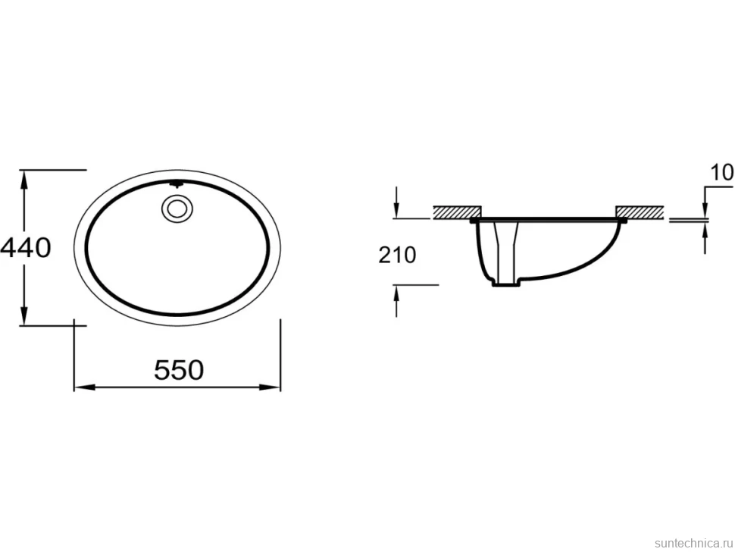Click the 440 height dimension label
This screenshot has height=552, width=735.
(25, 248)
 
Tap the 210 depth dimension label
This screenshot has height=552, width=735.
(397, 255)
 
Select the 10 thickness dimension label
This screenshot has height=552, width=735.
(722, 173)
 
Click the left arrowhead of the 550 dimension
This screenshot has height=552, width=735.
(85, 387)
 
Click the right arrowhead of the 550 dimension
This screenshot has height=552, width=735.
(270, 387)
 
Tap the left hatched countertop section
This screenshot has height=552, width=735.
(457, 212)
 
